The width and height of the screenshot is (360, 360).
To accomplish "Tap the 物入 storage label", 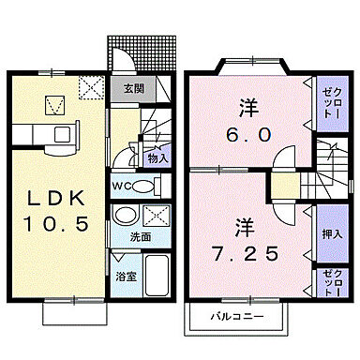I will point(157,158).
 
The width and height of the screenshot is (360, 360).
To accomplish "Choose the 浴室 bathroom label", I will point(123,278).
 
